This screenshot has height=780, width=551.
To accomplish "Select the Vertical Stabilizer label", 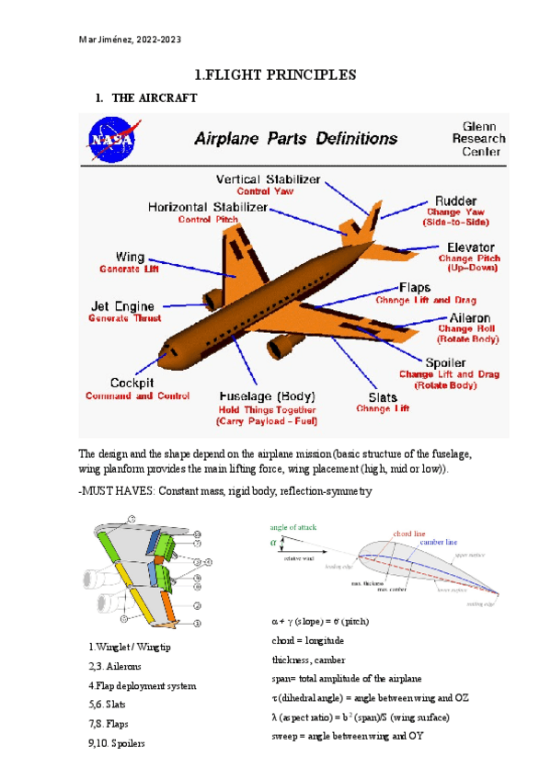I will pos(268,178).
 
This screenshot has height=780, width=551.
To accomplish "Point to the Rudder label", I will pos(457,200).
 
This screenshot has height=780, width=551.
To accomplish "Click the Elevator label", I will pos(471,247).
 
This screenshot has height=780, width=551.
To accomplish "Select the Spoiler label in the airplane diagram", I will pos(445,361).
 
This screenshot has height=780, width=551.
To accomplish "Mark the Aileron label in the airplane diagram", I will pos(468,317).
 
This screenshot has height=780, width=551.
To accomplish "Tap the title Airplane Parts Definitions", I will pos(295,140).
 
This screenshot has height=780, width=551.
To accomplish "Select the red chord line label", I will pos(409,533).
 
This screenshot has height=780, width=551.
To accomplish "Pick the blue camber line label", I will pos(439,543).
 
